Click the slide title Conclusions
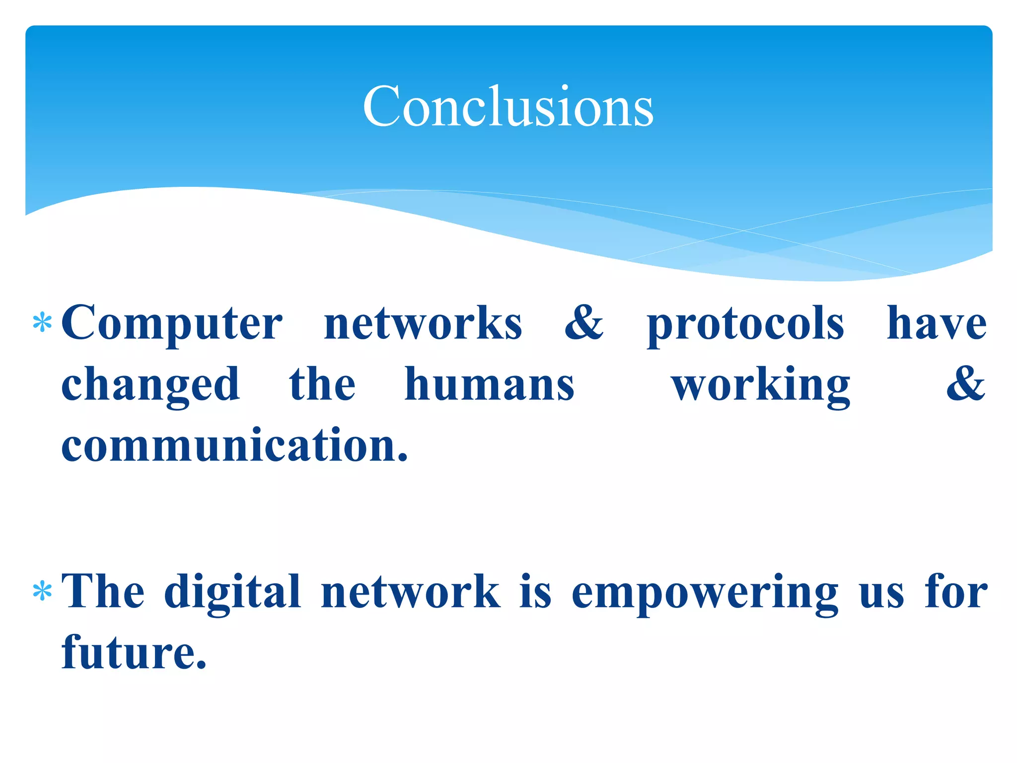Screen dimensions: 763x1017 [x=508, y=106]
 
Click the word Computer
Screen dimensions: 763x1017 [x=172, y=324]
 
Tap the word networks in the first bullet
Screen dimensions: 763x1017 [x=423, y=324]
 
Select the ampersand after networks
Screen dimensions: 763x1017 [x=584, y=323]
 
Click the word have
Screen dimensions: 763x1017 [x=937, y=324]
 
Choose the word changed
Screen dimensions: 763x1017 [x=150, y=385]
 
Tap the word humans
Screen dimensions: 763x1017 [x=490, y=384]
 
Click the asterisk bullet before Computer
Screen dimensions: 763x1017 [x=42, y=323]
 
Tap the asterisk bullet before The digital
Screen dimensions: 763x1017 [x=42, y=591]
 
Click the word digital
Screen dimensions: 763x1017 [x=232, y=592]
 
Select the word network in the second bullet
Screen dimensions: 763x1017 [x=411, y=591]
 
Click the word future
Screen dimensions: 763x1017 [x=134, y=652]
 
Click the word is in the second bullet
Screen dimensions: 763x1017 [x=536, y=591]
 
